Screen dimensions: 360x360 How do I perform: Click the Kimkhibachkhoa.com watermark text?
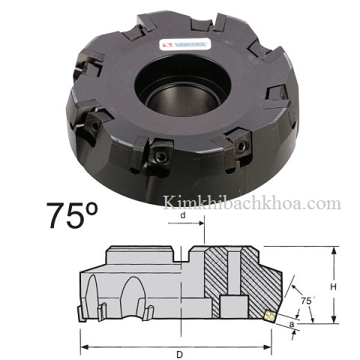251,203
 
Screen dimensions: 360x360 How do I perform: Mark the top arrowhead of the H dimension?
330,249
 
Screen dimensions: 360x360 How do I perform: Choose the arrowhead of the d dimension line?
202,223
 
